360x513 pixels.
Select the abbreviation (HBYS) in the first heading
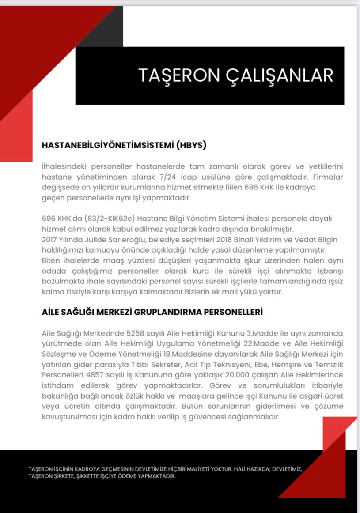[191, 145]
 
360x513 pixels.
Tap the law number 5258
[136, 333]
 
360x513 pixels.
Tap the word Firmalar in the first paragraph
[327, 177]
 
